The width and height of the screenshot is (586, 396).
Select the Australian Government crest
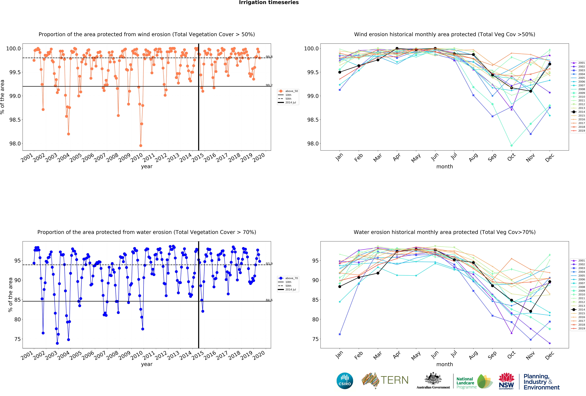click(433, 378)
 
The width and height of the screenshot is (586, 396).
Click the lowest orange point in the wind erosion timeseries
click(141, 146)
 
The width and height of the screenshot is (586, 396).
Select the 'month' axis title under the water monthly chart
click(445, 364)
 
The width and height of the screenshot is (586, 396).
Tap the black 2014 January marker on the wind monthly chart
click(340, 72)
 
